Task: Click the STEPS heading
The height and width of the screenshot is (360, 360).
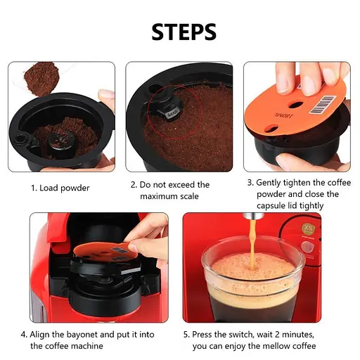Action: pyautogui.click(x=184, y=32)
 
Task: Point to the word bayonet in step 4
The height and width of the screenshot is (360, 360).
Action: pyautogui.click(x=82, y=335)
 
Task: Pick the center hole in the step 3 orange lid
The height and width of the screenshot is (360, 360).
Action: pyautogui.click(x=295, y=104)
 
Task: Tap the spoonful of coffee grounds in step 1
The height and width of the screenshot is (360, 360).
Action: pyautogui.click(x=41, y=79)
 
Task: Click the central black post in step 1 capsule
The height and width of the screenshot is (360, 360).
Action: pyautogui.click(x=62, y=143)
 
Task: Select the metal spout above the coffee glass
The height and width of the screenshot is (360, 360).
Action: pyautogui.click(x=252, y=216)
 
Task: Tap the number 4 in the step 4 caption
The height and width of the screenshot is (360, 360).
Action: pyautogui.click(x=23, y=335)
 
